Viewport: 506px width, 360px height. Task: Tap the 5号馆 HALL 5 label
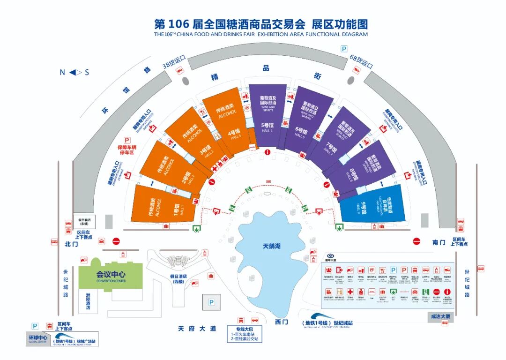(x=268, y=127)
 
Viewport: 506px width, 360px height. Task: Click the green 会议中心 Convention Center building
(x=111, y=276)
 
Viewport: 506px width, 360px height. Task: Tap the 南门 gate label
(x=439, y=242)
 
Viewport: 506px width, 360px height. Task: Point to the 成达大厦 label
(x=441, y=317)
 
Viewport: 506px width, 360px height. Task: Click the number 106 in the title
(x=179, y=24)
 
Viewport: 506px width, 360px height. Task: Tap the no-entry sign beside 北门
(x=116, y=241)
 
